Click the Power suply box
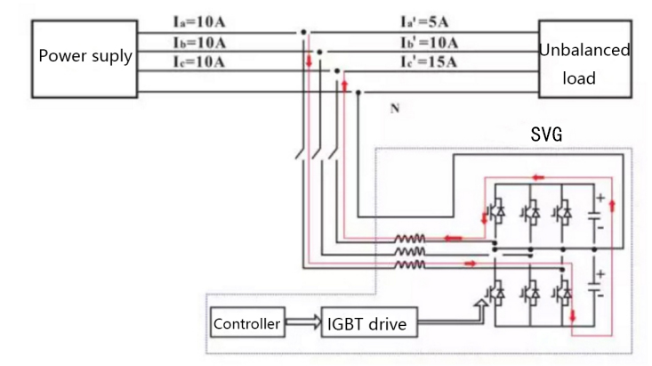(85, 57)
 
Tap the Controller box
(246, 324)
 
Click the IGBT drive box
(366, 324)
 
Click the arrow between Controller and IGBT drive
(302, 324)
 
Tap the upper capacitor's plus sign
(600, 197)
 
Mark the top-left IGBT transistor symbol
(496, 212)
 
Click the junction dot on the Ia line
(303, 33)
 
